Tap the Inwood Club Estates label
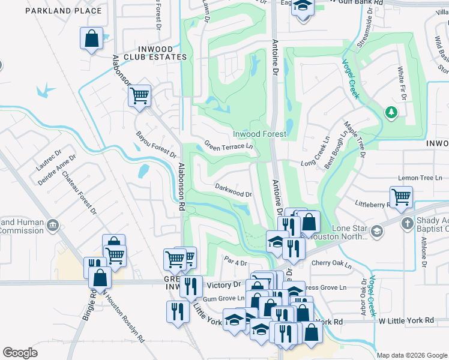coord(155,53)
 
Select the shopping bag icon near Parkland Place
coord(91,39)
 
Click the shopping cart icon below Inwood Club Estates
coord(139,94)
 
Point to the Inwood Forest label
coord(259,134)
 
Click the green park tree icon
coord(391,112)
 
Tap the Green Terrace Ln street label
coord(228,146)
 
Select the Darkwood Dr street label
coord(234,190)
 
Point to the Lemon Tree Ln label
coord(420,178)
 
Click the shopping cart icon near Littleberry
coord(401,196)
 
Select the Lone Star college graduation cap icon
coord(376,231)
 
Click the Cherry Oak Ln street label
coord(331,263)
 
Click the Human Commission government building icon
coord(53,226)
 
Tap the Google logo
coord(20,353)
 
